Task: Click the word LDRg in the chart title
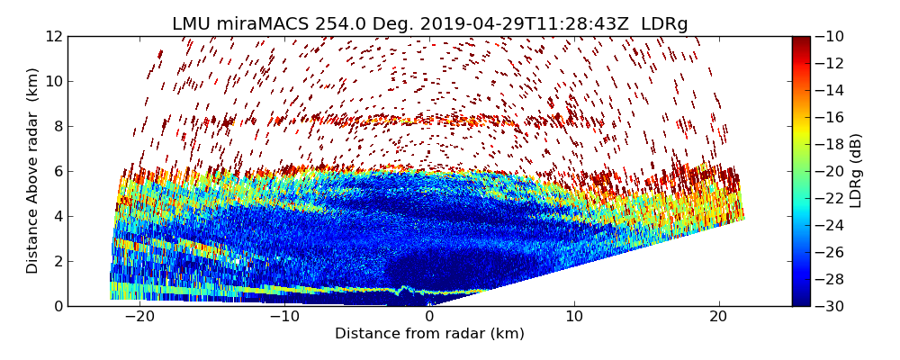click(x=664, y=24)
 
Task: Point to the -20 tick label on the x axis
click(x=139, y=317)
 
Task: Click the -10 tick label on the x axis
click(x=284, y=317)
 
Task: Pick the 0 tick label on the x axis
click(x=429, y=317)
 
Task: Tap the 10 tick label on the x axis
click(x=574, y=317)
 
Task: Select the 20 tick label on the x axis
click(x=719, y=317)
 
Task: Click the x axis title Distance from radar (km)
click(x=429, y=334)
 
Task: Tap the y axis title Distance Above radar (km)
click(x=33, y=171)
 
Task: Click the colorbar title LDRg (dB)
click(x=856, y=171)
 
